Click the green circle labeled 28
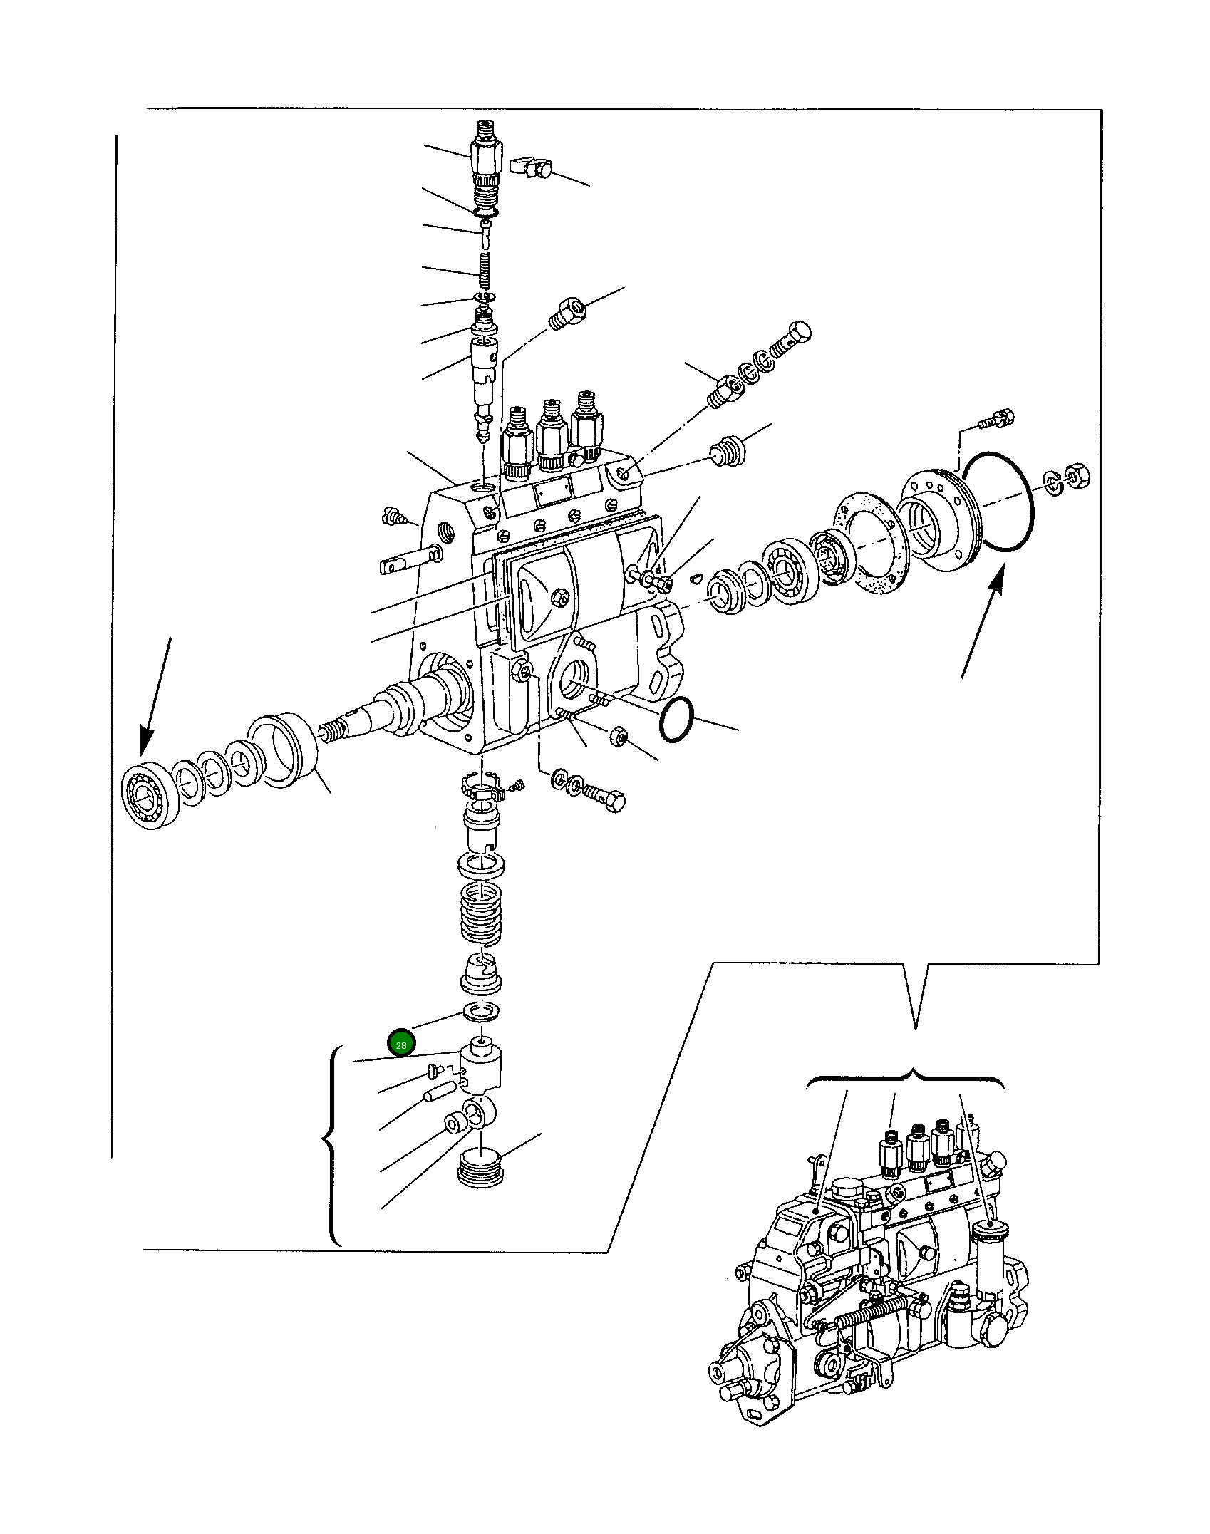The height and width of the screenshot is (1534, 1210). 400,1045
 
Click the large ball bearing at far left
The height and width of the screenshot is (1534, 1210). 147,798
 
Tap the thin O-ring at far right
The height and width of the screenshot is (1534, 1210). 995,500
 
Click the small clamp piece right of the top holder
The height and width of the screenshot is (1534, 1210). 532,168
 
